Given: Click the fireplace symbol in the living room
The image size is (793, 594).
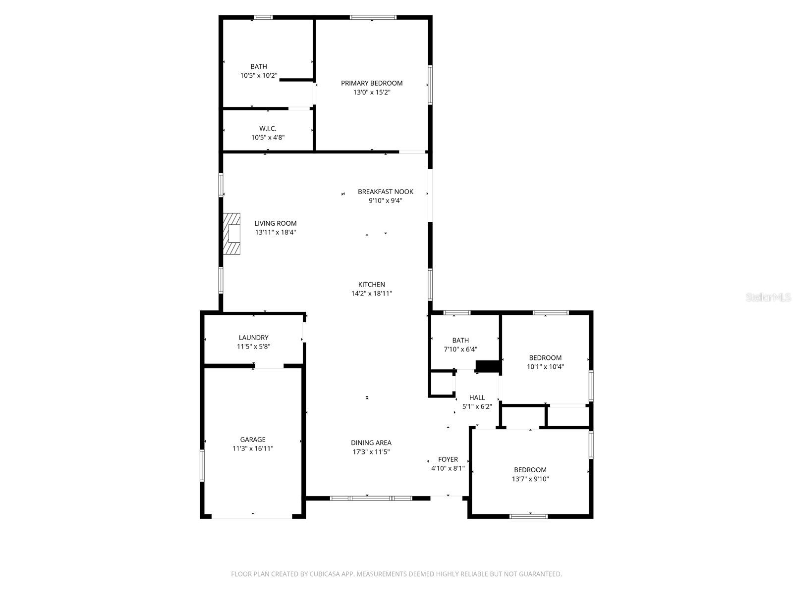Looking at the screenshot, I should point(231,234).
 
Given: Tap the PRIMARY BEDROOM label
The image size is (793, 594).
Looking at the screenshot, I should point(372,83).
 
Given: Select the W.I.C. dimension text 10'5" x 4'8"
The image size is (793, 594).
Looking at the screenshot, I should point(268,138).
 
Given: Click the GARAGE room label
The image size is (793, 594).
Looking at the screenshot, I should point(253,440).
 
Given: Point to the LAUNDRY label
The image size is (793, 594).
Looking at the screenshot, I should point(253,338).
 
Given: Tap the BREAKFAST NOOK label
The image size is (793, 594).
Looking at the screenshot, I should point(386,192).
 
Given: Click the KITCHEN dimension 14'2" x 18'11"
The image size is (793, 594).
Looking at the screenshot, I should point(372,294).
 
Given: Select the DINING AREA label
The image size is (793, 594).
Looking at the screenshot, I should point(371,443).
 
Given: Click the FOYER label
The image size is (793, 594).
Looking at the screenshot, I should point(448,459).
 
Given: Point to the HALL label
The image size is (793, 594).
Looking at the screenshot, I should point(477,397).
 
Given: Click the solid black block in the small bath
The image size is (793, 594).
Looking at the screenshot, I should point(488,366).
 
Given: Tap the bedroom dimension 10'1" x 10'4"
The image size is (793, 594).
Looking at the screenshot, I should point(545,367).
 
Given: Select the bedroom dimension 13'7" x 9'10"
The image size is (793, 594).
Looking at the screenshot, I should point(530,479).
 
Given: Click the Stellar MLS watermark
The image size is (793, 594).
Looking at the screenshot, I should point(768,297).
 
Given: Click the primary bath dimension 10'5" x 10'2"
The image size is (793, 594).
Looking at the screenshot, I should point(259,76).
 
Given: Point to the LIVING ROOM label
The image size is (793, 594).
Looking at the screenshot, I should point(276,223).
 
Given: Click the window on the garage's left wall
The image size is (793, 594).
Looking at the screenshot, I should point(202,465).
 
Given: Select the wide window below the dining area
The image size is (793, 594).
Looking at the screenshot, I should point(371,498).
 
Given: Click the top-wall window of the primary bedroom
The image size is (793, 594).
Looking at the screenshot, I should point(373,17).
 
